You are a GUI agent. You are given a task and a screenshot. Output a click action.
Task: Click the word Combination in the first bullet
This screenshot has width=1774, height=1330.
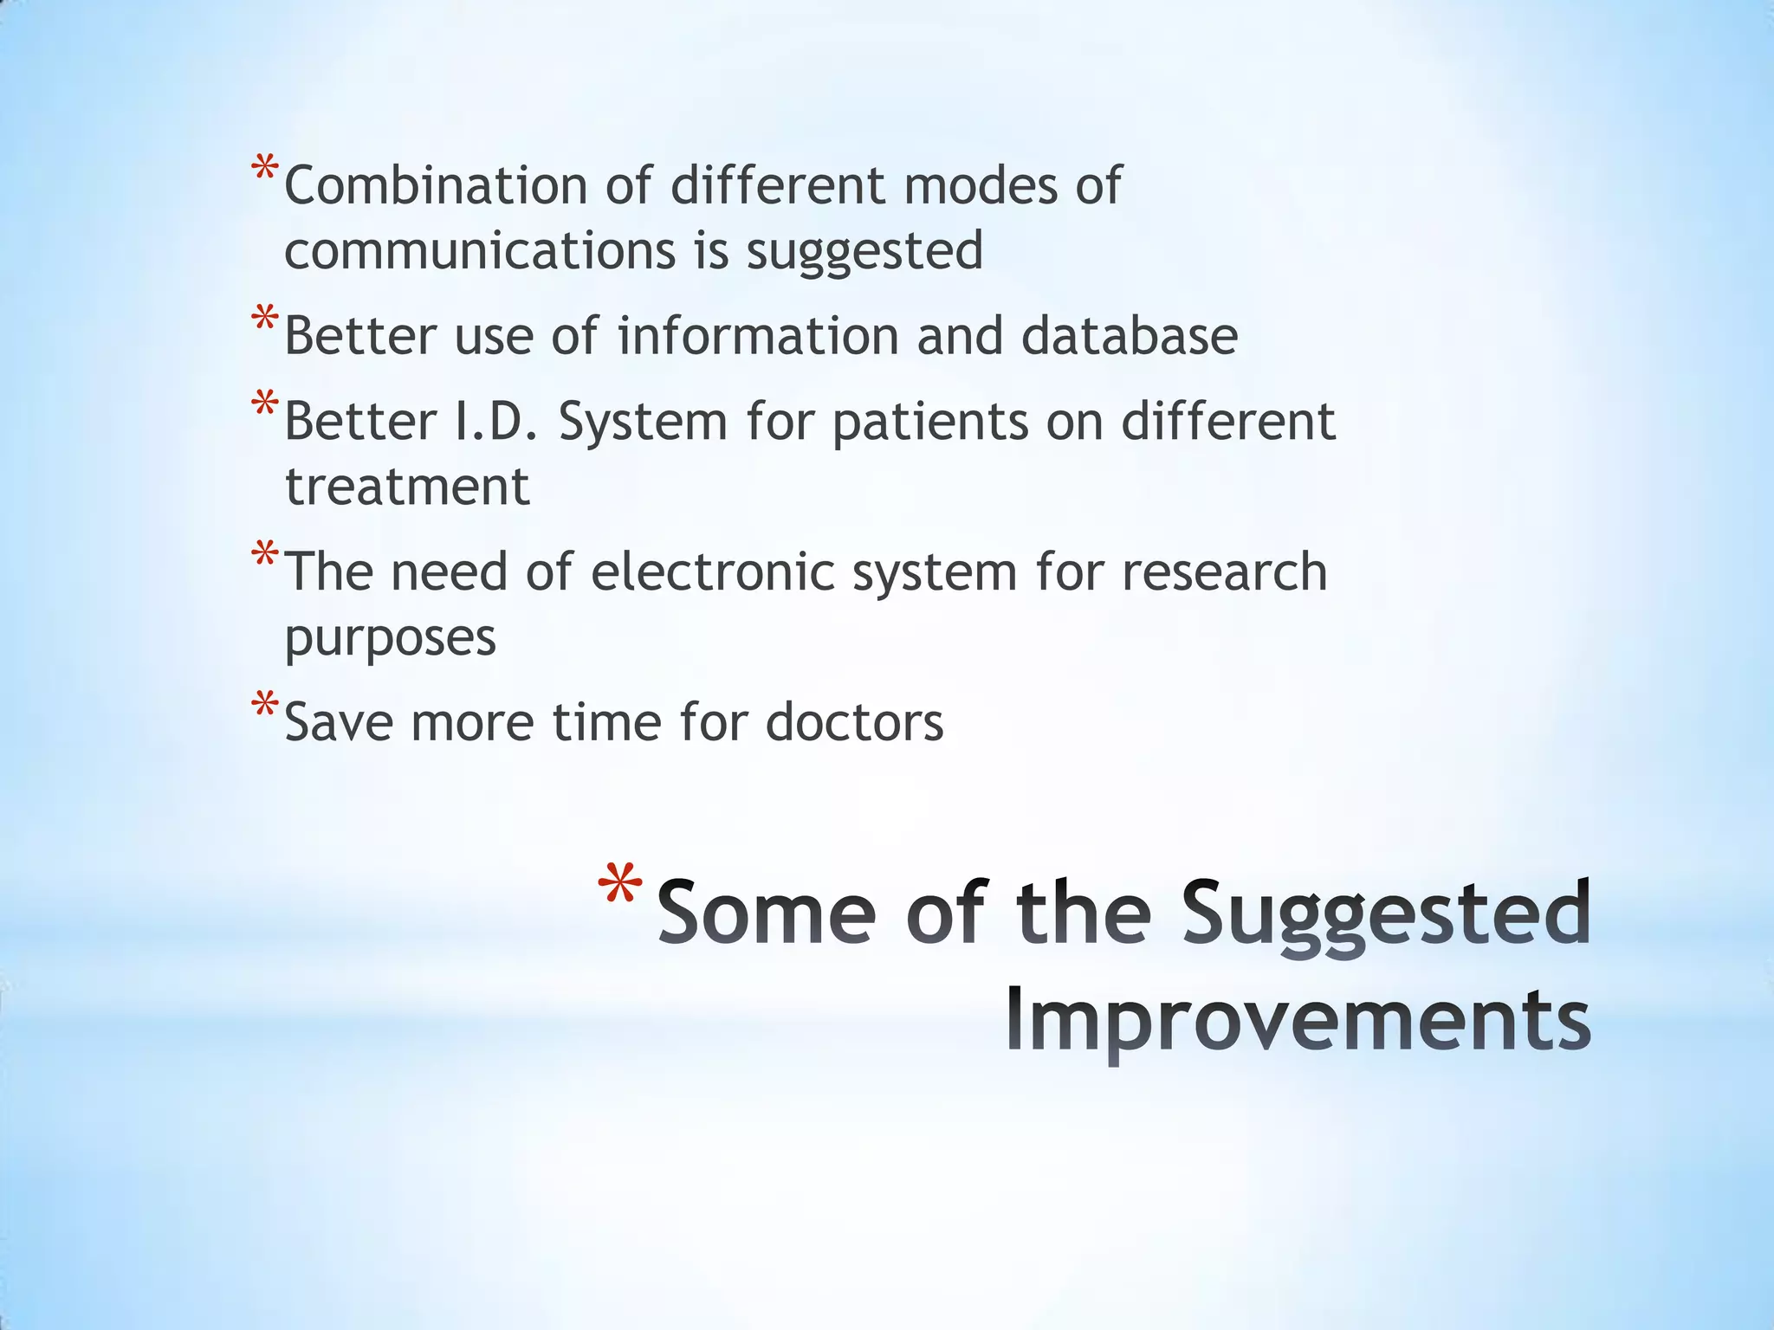coord(436,185)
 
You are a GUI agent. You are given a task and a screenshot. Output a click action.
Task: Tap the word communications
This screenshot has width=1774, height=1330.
coord(479,251)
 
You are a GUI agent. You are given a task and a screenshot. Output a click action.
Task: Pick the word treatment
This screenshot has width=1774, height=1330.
coord(407,487)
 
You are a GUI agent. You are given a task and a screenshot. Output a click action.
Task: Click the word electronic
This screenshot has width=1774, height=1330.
coord(712,572)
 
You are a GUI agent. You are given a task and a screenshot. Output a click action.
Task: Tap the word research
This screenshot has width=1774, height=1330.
coord(1224,572)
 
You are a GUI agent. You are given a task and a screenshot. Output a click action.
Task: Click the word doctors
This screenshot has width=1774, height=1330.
coord(854,722)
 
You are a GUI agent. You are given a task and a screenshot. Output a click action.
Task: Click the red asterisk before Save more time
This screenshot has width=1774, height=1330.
coord(265,705)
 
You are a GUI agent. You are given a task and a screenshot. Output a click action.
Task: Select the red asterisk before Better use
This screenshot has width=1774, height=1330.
coord(265,319)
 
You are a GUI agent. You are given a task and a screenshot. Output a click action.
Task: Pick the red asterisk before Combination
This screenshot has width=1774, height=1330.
coord(265,168)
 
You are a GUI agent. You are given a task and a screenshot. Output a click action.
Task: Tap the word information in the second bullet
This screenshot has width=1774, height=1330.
coord(758,336)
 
